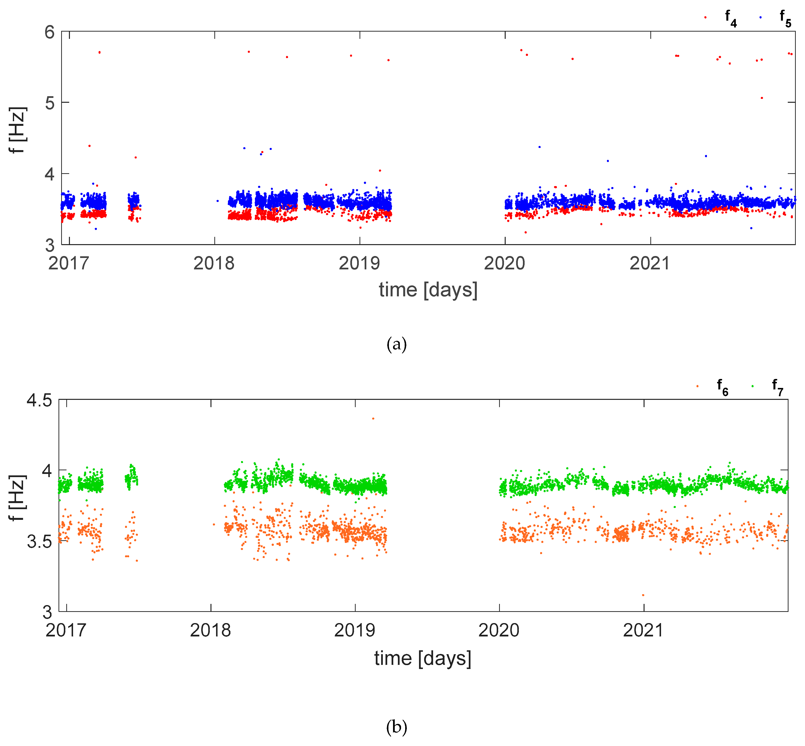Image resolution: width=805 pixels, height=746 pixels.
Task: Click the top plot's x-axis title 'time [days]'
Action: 428,290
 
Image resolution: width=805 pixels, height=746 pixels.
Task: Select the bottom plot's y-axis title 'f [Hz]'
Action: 17,498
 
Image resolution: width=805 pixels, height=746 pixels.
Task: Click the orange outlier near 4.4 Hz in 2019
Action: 373,419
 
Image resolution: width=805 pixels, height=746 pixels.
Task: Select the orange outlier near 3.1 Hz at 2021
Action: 643,595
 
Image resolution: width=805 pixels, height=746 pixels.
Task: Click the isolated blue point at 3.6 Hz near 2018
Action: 218,201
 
